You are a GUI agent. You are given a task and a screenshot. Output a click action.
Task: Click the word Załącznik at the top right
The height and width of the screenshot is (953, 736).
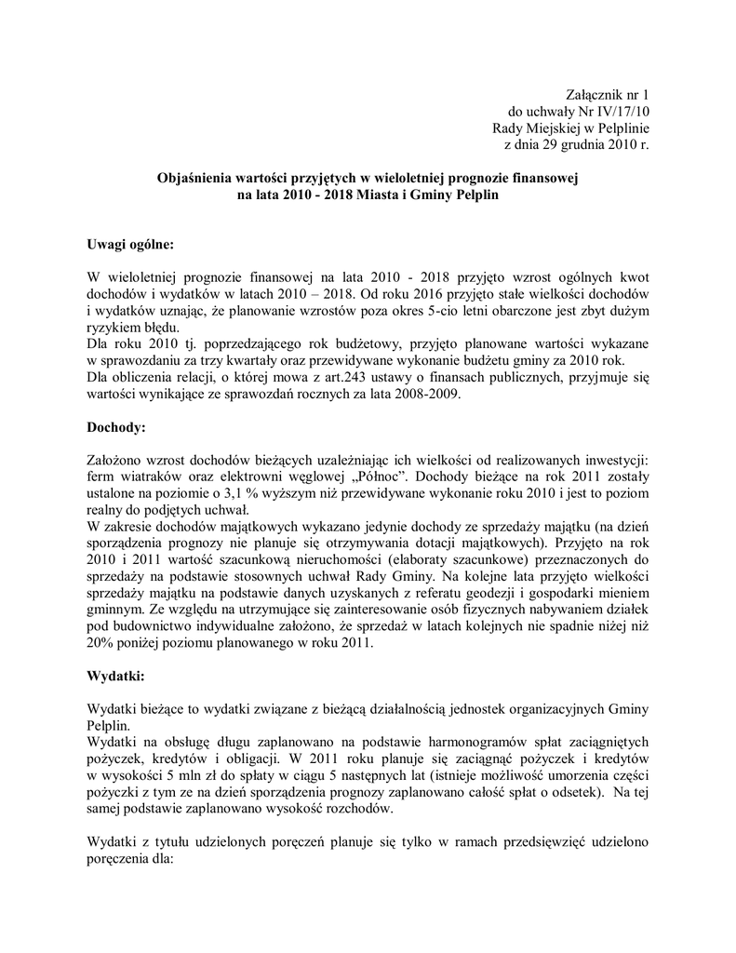(595, 95)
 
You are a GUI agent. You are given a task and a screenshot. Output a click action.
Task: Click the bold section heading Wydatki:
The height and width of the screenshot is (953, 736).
(115, 676)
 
